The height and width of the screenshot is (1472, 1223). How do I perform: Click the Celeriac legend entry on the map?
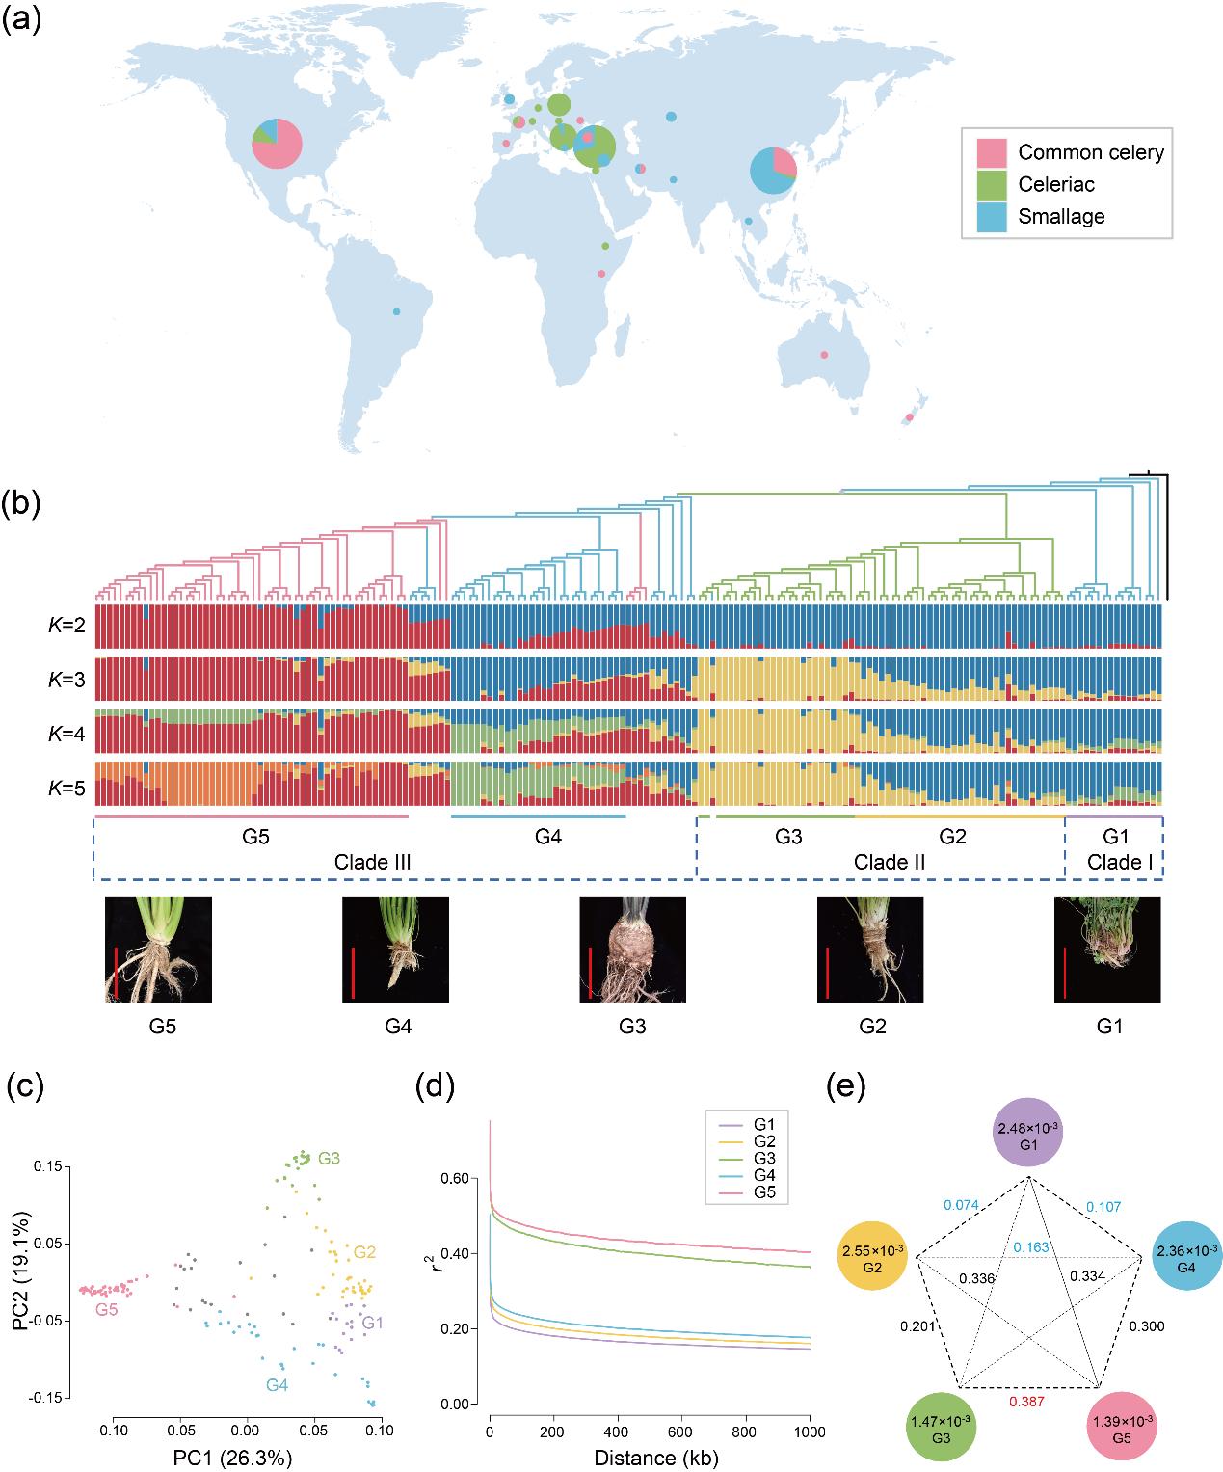pos(1056,184)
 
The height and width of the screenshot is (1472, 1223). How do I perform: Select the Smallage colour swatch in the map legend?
pos(993,216)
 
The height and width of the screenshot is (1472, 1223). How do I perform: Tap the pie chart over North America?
pos(278,144)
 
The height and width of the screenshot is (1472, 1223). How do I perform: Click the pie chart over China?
pos(774,171)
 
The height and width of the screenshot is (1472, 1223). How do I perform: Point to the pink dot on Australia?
pos(823,355)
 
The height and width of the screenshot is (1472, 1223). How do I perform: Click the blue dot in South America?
pos(396,311)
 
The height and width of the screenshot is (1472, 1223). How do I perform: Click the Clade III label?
pos(373,862)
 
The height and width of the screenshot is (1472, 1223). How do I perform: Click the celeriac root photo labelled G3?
pos(632,950)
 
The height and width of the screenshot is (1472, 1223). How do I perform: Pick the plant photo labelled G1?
pos(1107,950)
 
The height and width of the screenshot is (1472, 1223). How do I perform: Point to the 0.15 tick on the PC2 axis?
pos(50,1166)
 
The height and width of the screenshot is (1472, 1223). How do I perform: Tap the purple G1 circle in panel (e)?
pos(1028,1135)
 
